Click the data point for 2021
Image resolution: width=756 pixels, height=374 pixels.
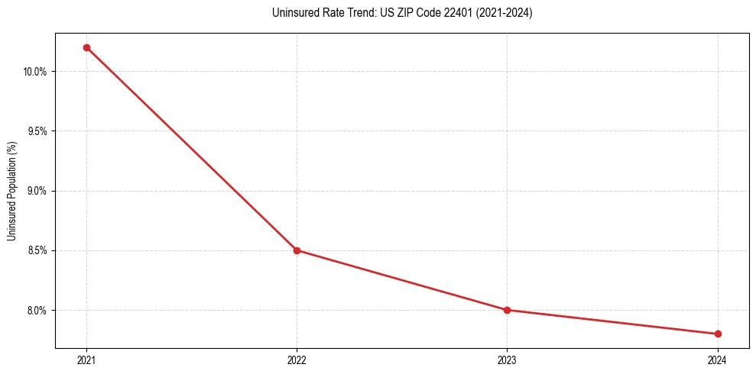[x=86, y=47]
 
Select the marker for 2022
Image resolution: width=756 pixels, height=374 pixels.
[x=297, y=250]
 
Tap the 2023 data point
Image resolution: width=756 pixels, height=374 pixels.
[x=507, y=310]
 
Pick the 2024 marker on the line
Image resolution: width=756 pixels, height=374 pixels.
[x=718, y=334]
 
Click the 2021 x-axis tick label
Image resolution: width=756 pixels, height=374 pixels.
[x=86, y=359]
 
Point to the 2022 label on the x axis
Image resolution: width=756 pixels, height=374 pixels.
[x=297, y=359]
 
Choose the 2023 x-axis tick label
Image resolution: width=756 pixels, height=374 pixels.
[x=507, y=359]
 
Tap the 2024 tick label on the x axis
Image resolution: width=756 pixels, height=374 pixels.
[x=718, y=359]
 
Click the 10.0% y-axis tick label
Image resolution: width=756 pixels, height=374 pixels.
[x=35, y=72]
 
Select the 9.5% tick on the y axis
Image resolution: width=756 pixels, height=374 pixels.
[x=37, y=131]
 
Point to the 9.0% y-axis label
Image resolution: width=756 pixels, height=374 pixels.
[x=37, y=191]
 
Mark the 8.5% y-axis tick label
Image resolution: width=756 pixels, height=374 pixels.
[x=37, y=250]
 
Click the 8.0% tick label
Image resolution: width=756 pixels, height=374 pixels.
[x=37, y=310]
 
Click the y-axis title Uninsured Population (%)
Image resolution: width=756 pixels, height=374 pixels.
[x=11, y=190]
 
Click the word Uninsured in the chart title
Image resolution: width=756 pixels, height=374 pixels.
[x=292, y=13]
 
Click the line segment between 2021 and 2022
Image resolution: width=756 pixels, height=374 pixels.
[x=191, y=149]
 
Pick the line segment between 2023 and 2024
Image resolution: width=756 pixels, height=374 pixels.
[x=612, y=322]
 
